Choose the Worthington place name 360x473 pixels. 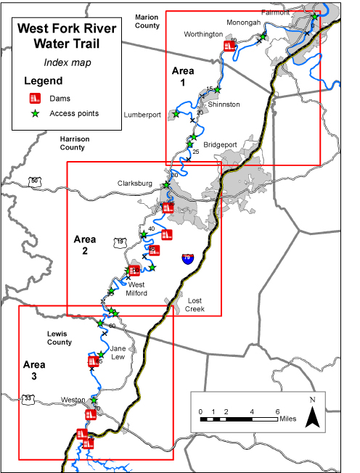point(204,34)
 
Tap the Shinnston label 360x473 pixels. point(224,104)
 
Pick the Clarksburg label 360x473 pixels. point(135,184)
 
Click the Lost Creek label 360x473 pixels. point(193,305)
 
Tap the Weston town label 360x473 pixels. point(73,400)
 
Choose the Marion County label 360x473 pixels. point(147,20)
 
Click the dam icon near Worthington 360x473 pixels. point(229,46)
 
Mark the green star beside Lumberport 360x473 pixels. point(175,113)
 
